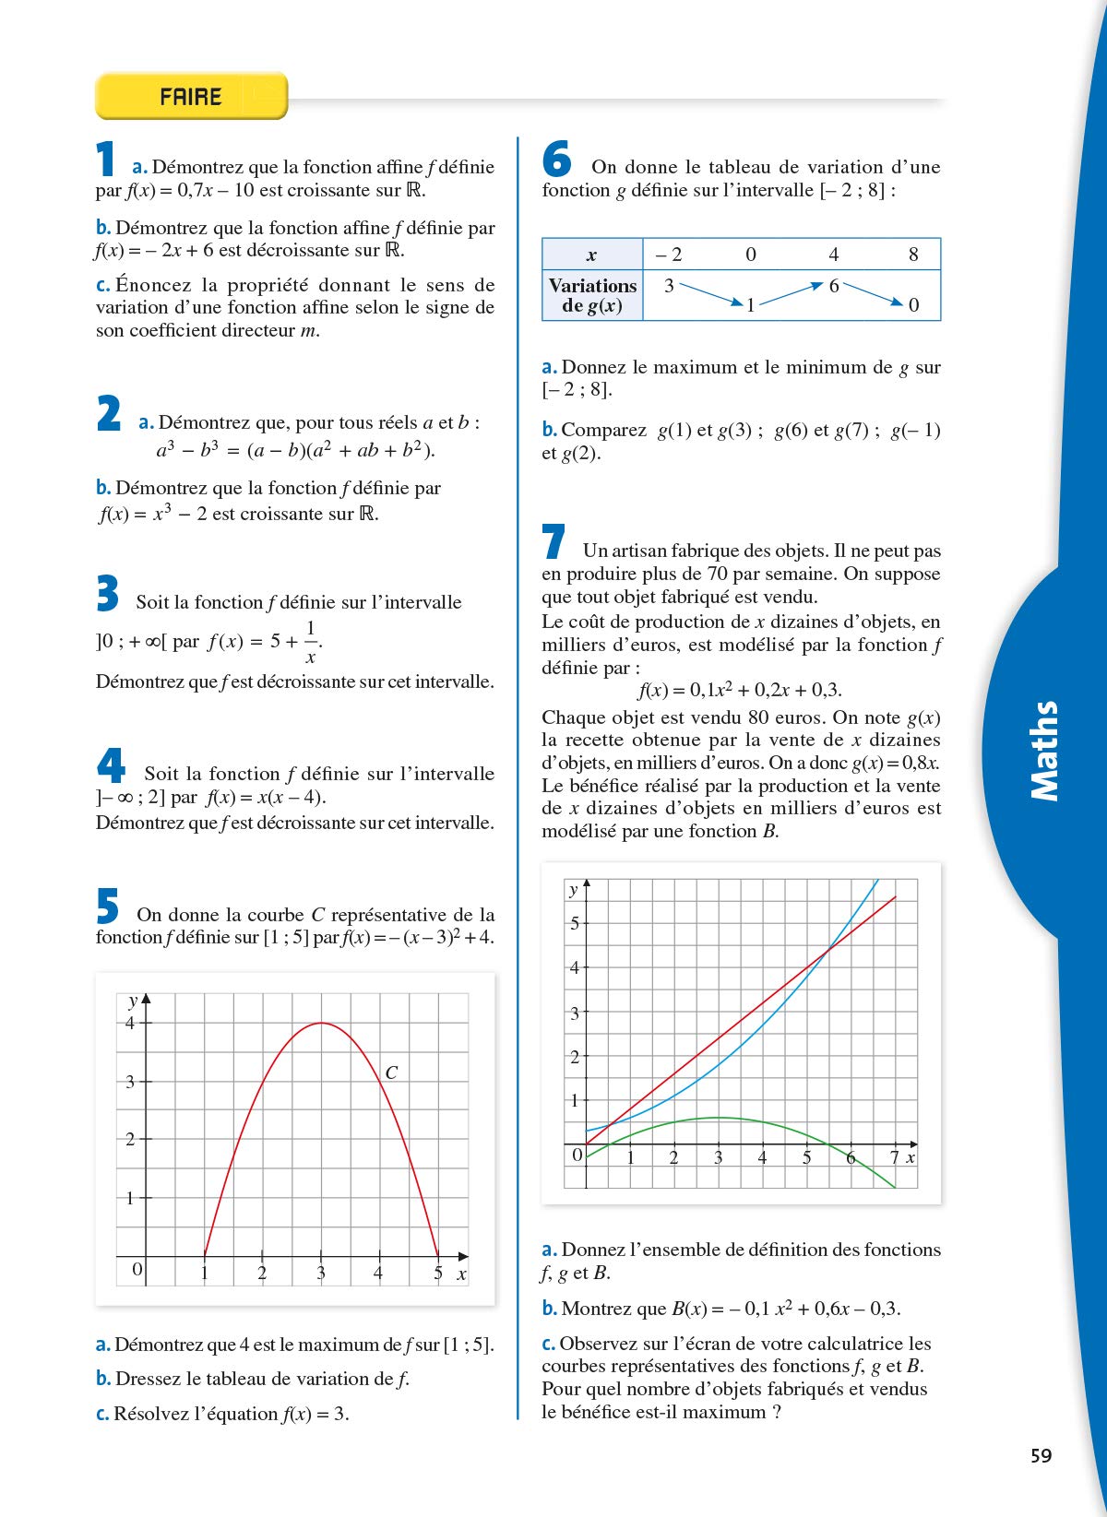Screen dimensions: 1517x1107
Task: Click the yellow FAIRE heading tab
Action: tap(191, 96)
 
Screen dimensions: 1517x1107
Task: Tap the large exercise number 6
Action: tap(557, 159)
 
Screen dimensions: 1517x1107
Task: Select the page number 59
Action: tap(1041, 1455)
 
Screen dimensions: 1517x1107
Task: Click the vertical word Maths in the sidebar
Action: tap(1044, 751)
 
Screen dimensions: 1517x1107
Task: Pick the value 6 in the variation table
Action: tap(834, 286)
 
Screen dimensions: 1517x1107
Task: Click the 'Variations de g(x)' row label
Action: tap(592, 295)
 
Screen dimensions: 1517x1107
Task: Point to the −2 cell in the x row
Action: tap(669, 255)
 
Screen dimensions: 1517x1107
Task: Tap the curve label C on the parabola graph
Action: tap(391, 1073)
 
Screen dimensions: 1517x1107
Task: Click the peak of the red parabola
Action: tap(321, 1023)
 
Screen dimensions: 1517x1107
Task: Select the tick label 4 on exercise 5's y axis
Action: tap(130, 1023)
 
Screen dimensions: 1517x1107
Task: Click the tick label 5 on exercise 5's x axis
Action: tap(438, 1274)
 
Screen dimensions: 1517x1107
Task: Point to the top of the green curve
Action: tap(719, 1118)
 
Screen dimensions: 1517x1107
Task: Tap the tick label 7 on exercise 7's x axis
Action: tap(894, 1157)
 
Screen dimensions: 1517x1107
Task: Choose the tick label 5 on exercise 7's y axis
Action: tap(575, 923)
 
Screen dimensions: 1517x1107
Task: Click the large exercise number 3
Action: tap(108, 593)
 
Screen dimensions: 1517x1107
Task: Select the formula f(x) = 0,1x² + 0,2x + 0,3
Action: tap(740, 690)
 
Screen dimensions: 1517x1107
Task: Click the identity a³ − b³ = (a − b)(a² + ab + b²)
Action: tap(295, 450)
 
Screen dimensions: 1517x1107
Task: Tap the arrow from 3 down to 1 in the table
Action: tap(711, 294)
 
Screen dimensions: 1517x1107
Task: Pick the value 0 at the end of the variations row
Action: tap(913, 305)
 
